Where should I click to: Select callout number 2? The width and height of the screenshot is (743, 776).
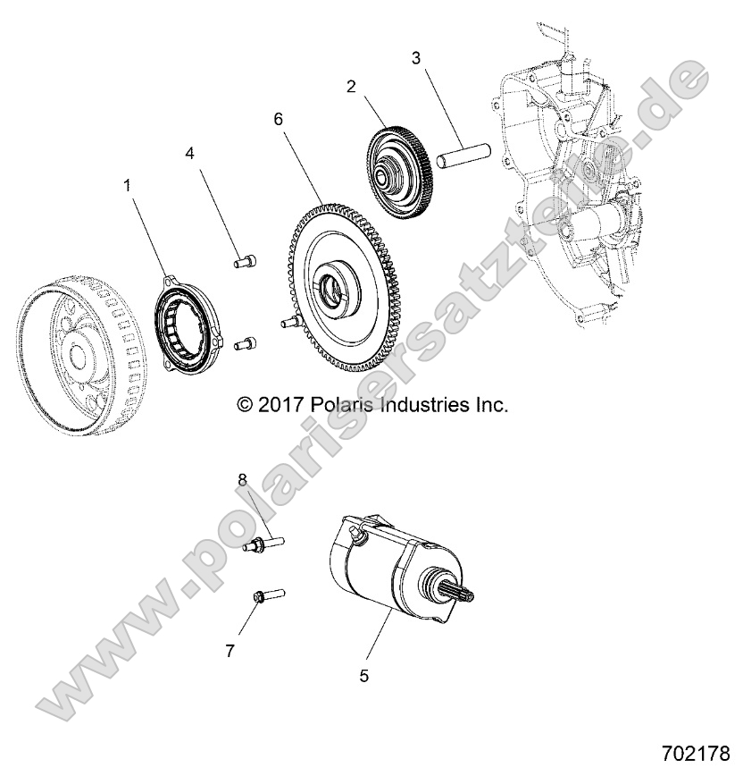click(x=351, y=87)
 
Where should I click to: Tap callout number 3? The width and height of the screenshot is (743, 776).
click(x=416, y=59)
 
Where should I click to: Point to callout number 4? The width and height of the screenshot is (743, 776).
click(x=189, y=153)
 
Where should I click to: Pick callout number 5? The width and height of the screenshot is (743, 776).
click(x=364, y=676)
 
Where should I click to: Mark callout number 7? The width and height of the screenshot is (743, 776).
click(x=230, y=652)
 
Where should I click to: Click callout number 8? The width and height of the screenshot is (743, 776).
click(x=242, y=480)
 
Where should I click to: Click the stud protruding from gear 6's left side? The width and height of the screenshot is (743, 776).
click(x=289, y=321)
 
